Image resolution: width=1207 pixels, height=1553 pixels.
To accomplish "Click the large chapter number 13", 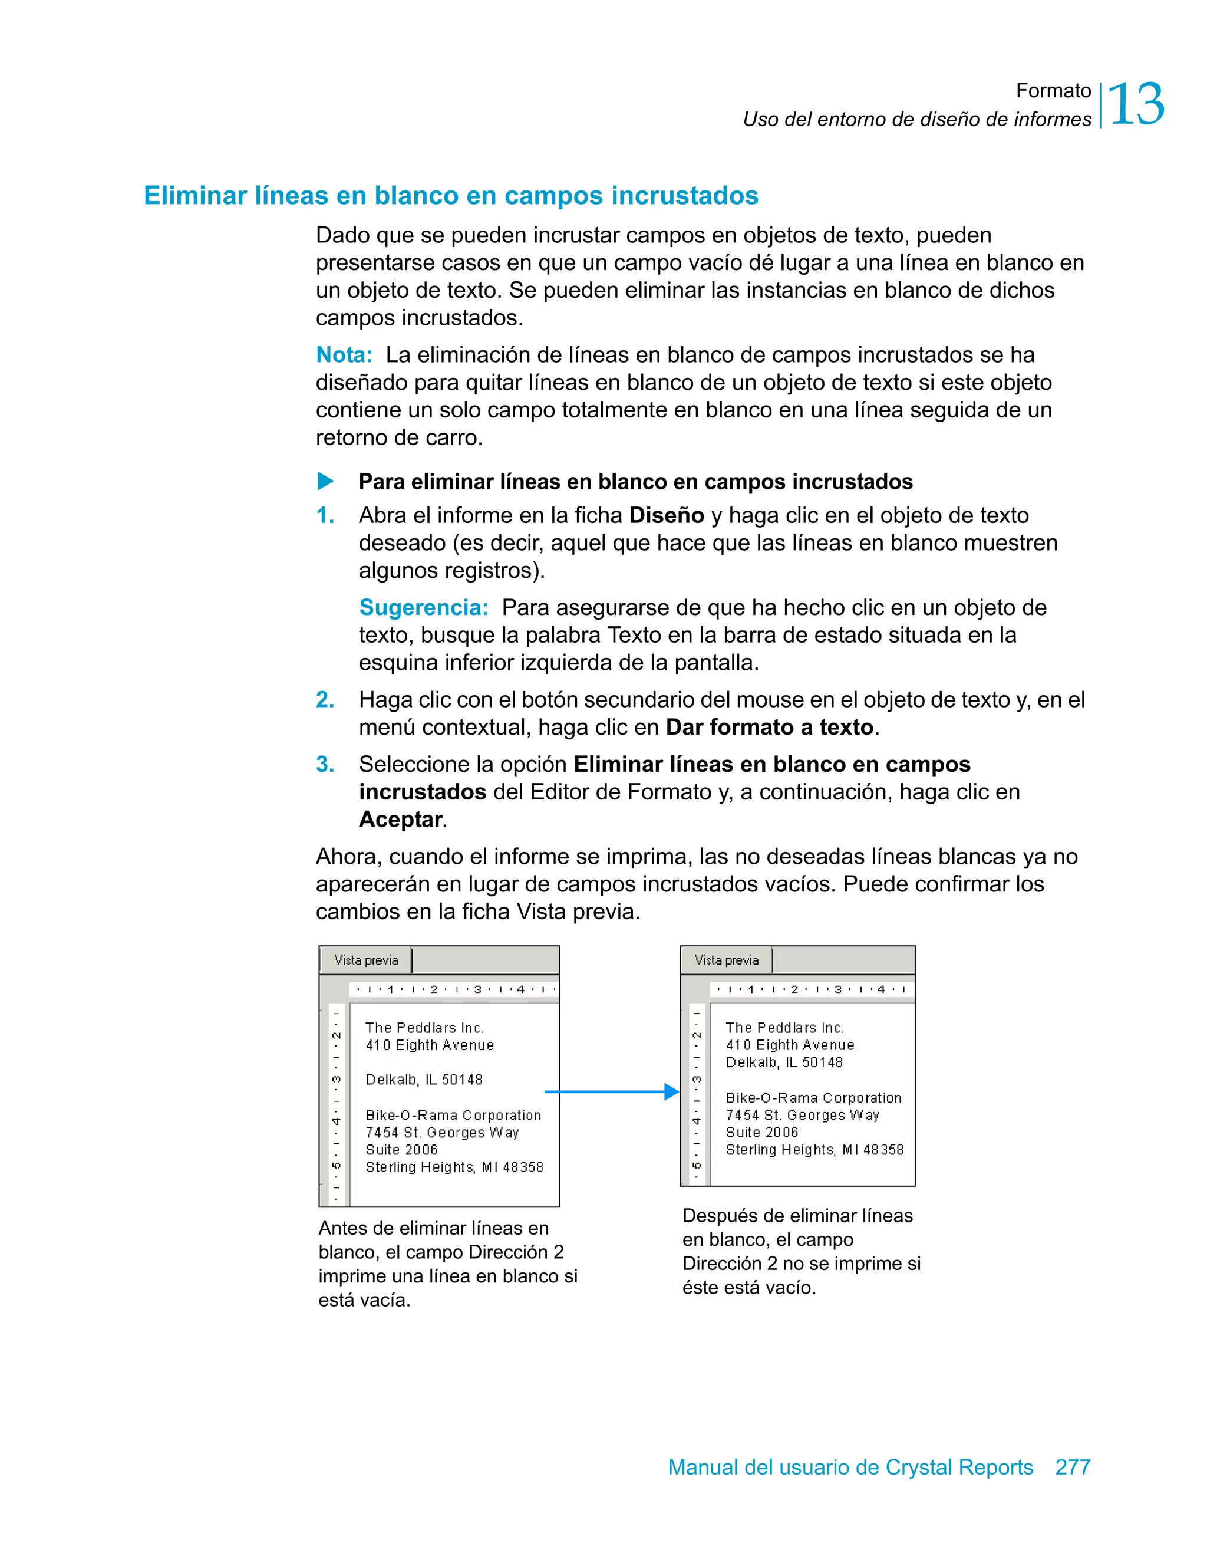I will pos(1135,104).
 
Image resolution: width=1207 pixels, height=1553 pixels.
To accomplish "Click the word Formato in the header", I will pos(1053,90).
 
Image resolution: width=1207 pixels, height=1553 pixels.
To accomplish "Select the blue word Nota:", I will pos(344,354).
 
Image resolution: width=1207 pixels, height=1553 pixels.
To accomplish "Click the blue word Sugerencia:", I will pos(424,607).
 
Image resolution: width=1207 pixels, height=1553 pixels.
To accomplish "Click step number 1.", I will pos(325,515).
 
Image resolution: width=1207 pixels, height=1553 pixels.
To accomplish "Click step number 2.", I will pos(325,700).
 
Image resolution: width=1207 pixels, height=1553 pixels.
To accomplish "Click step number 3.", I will pos(325,764).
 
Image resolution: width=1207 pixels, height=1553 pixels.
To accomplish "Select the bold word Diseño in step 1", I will pos(666,515).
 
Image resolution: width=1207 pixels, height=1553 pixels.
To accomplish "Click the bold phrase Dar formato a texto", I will pos(769,728).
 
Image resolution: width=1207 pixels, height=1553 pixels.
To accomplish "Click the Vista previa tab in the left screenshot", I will pos(366,960).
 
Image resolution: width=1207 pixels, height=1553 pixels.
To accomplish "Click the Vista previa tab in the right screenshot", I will pos(727,960).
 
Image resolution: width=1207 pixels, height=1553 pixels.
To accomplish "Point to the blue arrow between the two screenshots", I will pos(611,1091).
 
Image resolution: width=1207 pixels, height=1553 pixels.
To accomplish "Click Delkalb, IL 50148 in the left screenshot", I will pos(424,1080).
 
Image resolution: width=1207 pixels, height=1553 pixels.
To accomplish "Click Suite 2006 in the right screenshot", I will pos(762,1132).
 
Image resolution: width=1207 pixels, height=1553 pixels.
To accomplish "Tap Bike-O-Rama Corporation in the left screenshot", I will pos(453,1115).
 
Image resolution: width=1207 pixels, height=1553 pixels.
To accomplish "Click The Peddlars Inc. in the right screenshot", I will pos(785,1028).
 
